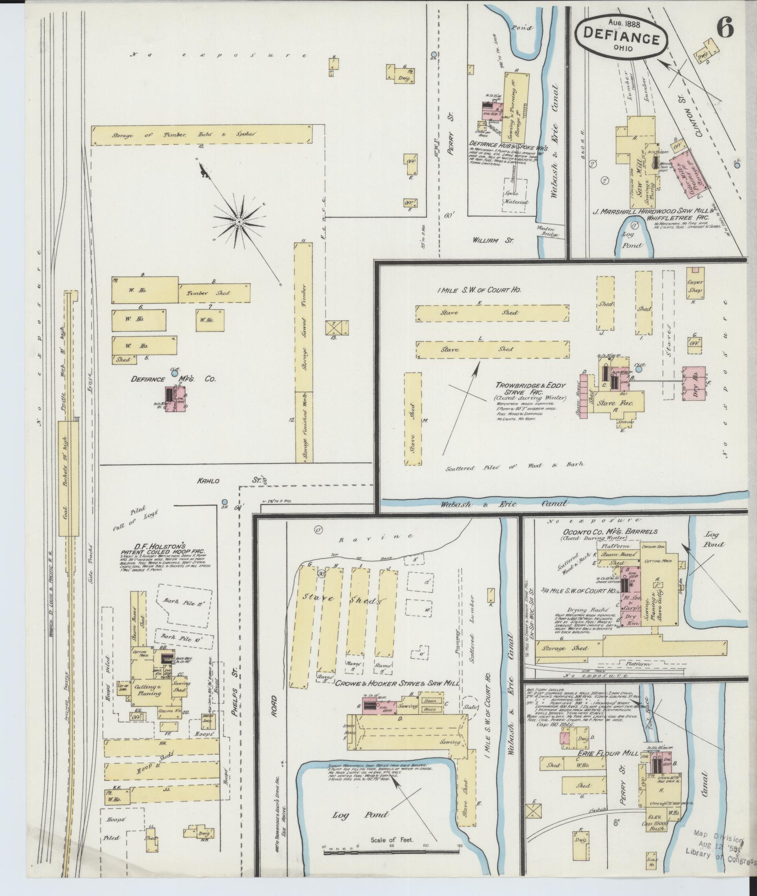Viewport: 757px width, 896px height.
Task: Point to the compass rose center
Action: click(239, 222)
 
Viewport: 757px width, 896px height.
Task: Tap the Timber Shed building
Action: click(214, 293)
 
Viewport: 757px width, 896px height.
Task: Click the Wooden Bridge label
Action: click(547, 232)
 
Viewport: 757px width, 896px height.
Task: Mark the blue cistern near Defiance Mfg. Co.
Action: click(174, 373)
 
